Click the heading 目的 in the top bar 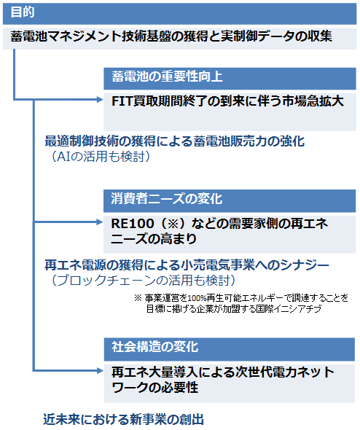click(x=23, y=12)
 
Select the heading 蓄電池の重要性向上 click(x=167, y=77)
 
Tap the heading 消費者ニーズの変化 click(x=166, y=198)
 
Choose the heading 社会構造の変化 click(x=154, y=347)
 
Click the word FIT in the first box click(x=122, y=101)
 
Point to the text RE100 click(x=133, y=224)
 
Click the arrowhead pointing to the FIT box click(x=100, y=99)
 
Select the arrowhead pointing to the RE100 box click(x=100, y=222)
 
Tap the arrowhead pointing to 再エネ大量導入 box click(x=100, y=371)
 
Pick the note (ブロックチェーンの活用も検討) click(x=144, y=281)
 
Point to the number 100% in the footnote click(x=197, y=298)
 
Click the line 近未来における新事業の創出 click(x=124, y=420)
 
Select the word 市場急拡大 click(x=313, y=101)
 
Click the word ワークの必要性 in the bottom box click(x=154, y=388)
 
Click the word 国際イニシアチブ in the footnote click(x=289, y=309)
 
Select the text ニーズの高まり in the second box click(x=154, y=239)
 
